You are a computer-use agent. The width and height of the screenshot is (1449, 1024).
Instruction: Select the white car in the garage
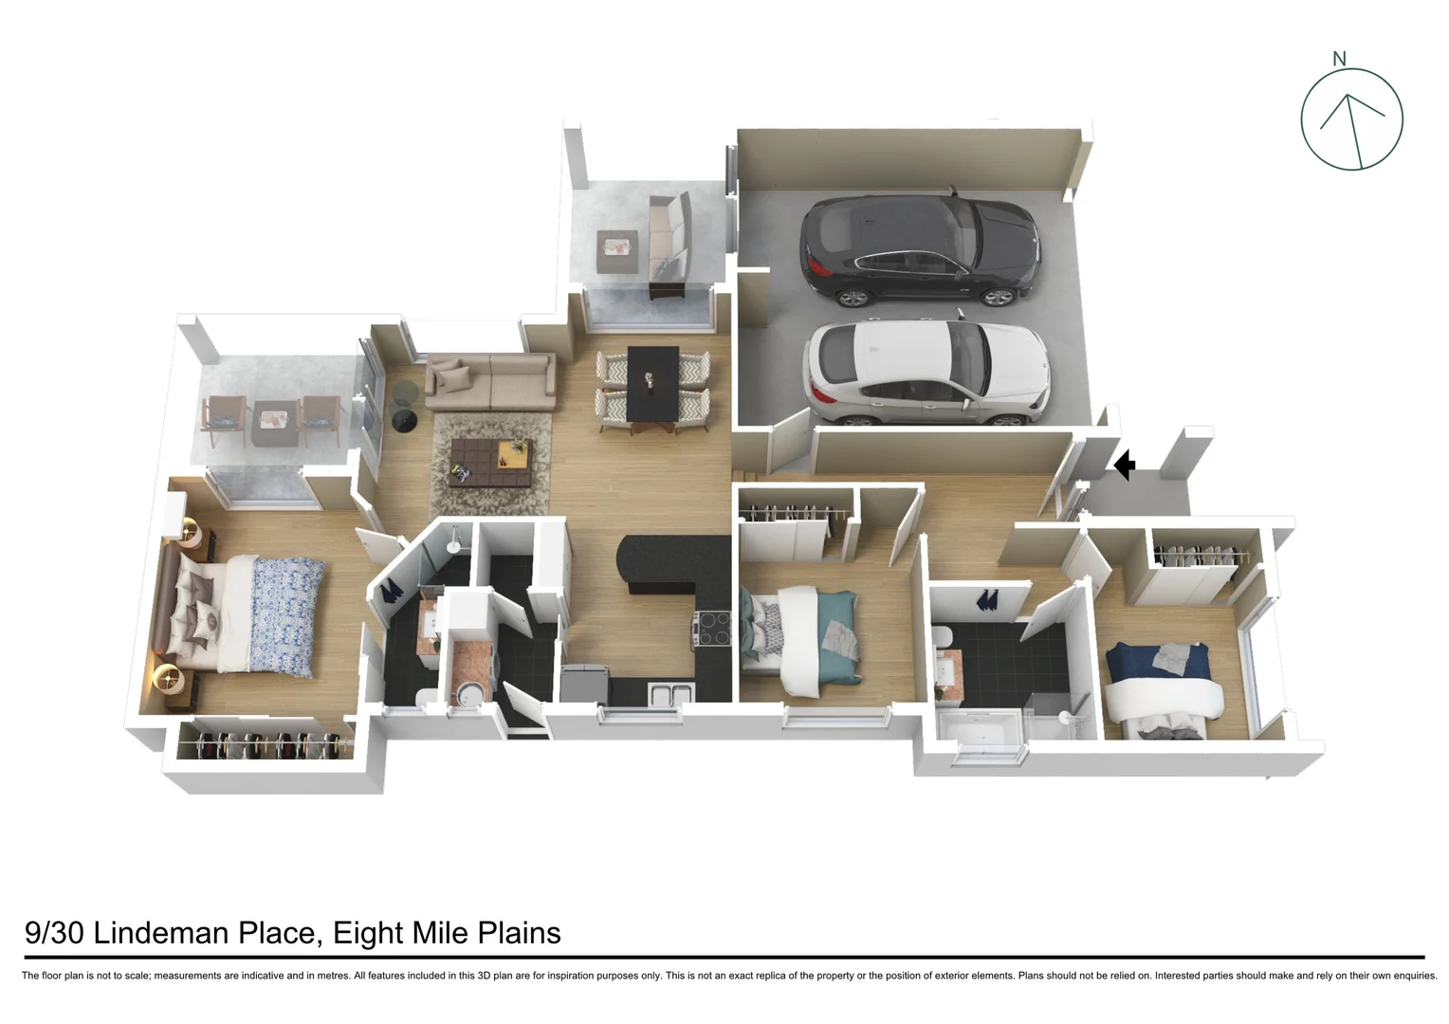tap(925, 374)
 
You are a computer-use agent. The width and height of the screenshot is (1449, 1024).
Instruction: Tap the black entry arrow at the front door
tap(1125, 466)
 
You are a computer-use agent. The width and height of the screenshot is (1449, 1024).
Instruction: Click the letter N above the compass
tap(1339, 59)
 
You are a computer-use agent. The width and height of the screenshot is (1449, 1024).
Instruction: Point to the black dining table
tap(653, 387)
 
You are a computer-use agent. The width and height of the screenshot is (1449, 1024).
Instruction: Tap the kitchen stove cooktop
tap(711, 629)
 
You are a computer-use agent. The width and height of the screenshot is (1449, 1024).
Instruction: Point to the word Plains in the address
tap(519, 933)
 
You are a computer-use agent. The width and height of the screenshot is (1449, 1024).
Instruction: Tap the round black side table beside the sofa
tap(404, 419)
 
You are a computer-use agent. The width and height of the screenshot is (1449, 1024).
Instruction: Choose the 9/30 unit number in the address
tap(53, 933)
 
